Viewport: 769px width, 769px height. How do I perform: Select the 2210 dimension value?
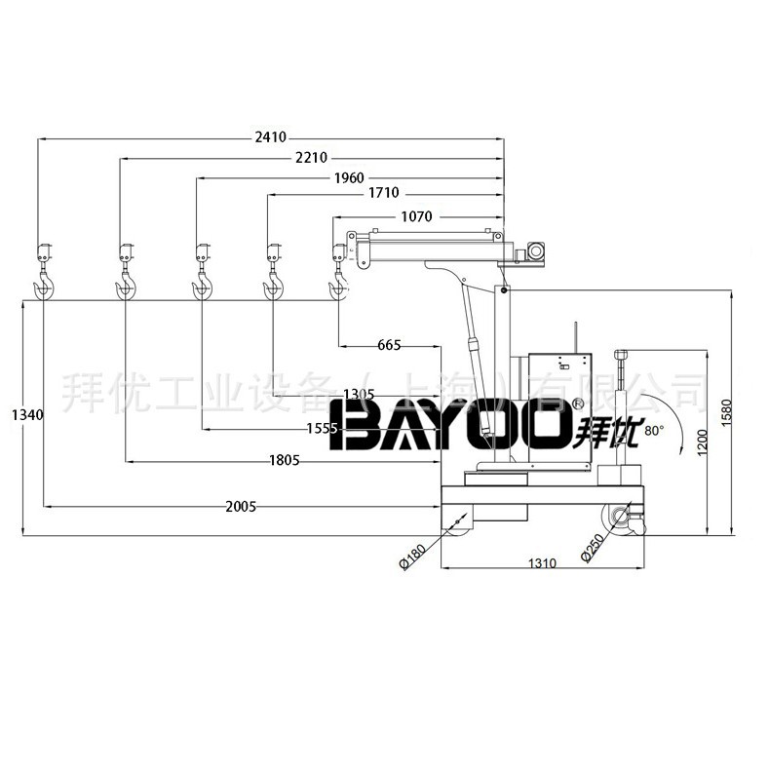coord(311,158)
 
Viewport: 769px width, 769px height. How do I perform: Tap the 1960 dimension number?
coord(348,177)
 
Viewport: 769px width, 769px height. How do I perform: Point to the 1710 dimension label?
coord(383,195)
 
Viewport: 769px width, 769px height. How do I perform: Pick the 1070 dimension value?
coord(416,215)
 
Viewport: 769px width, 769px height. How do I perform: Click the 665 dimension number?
coord(389,345)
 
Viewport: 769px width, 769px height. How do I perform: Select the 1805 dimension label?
coord(284,460)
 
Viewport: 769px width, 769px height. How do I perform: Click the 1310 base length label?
coord(541,564)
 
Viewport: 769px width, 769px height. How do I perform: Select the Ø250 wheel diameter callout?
coord(594,547)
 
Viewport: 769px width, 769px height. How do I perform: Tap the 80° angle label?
coord(653,429)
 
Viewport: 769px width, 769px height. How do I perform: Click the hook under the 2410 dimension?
coord(44,285)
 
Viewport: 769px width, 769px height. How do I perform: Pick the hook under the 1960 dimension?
coord(202,284)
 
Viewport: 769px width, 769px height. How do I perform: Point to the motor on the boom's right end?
coord(533,251)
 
